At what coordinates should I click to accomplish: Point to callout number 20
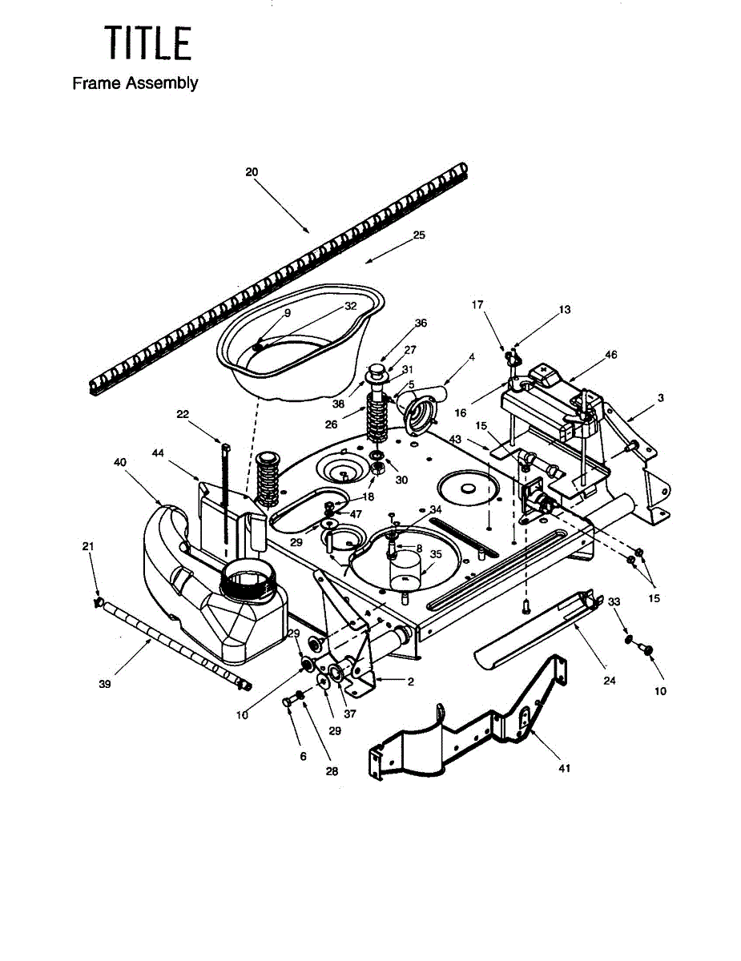(252, 172)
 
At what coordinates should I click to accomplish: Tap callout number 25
(419, 235)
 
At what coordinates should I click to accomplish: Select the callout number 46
(611, 354)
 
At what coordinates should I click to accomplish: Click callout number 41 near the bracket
(565, 768)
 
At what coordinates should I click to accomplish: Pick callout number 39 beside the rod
(105, 684)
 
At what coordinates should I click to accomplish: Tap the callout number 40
(120, 462)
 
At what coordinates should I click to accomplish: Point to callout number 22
(183, 414)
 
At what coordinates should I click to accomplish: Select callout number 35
(436, 553)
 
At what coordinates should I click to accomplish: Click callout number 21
(88, 546)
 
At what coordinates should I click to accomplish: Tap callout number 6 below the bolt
(303, 756)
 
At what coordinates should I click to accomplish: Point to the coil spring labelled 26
(377, 416)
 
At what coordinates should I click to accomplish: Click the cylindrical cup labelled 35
(405, 572)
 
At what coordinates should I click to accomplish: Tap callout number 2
(410, 682)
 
